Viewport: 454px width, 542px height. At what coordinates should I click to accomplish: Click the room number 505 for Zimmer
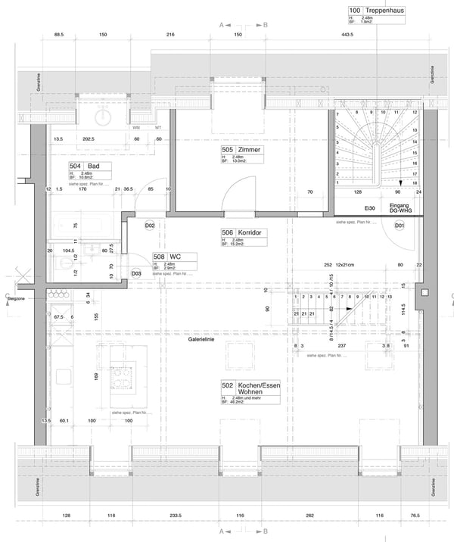tap(227, 150)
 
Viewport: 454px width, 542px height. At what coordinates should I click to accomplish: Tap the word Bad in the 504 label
tap(95, 166)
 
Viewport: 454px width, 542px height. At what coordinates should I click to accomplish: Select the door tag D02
tap(150, 226)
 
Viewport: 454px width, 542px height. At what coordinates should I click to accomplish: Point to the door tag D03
tap(136, 273)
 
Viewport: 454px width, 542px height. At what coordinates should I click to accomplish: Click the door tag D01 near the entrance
tap(400, 226)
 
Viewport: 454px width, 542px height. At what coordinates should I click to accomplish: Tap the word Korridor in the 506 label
tap(253, 233)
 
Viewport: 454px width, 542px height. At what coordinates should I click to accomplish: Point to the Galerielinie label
tap(202, 341)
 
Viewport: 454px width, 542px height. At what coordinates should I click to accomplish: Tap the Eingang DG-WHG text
tap(401, 207)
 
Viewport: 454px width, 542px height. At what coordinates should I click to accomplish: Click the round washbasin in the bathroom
tap(104, 116)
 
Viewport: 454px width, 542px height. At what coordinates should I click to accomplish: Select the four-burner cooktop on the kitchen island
tap(121, 376)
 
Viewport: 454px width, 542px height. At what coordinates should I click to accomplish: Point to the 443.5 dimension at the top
tap(347, 35)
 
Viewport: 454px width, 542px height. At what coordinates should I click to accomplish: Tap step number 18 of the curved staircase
tap(414, 183)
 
